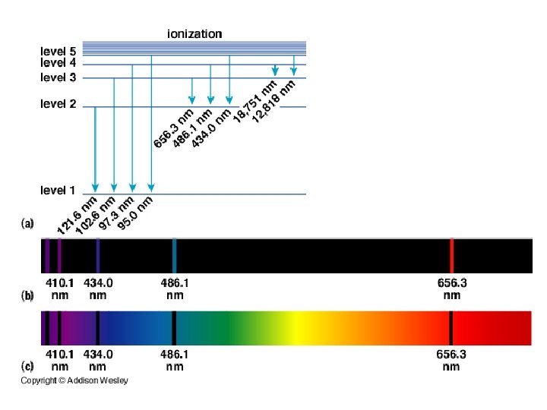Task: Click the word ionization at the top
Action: tap(194, 33)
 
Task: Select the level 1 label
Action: tap(58, 190)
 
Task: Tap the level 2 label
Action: tap(58, 104)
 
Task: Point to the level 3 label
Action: tap(58, 77)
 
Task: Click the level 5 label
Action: tap(58, 51)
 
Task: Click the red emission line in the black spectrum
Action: tap(452, 256)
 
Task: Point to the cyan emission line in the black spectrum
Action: tap(175, 256)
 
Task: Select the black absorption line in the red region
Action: tap(451, 328)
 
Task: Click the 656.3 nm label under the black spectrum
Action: tap(452, 289)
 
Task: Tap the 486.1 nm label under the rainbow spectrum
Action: tap(175, 360)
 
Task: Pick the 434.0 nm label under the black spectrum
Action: tap(98, 289)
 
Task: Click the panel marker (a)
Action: tap(27, 224)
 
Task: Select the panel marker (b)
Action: tap(27, 295)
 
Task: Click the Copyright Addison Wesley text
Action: tap(74, 380)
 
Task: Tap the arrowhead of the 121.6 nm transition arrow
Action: tap(95, 188)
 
